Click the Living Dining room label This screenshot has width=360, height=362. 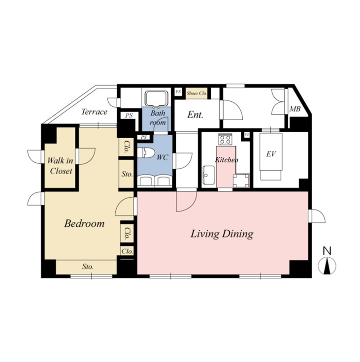click(x=222, y=234)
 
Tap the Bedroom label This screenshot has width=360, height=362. click(x=84, y=223)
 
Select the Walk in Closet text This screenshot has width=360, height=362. click(x=61, y=166)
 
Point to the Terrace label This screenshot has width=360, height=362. click(x=95, y=112)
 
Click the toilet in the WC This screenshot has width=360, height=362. click(x=146, y=153)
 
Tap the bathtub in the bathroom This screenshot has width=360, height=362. click(x=157, y=98)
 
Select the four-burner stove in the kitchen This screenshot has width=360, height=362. click(x=225, y=139)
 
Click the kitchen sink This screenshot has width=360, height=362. click(x=208, y=175)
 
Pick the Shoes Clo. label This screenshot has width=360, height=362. click(x=197, y=93)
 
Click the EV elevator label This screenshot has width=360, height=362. click(x=271, y=154)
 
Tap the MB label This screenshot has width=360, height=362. click(x=295, y=109)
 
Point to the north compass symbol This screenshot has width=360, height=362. click(x=327, y=266)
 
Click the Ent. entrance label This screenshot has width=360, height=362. click(x=196, y=115)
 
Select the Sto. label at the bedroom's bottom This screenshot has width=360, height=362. click(x=88, y=267)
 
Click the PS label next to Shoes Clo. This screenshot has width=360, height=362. click(x=178, y=91)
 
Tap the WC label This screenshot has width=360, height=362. click(x=163, y=157)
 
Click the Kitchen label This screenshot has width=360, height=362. click(x=227, y=160)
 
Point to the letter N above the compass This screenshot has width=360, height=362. click(x=327, y=251)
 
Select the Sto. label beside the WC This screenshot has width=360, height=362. click(x=127, y=174)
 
